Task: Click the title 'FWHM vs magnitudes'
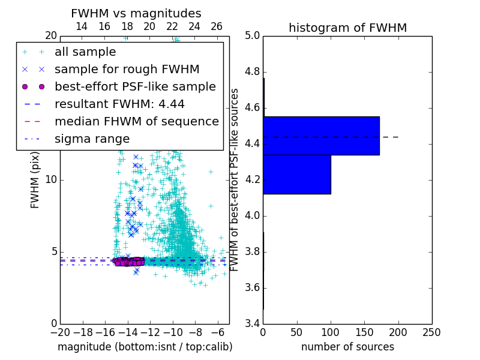pyautogui.click(x=136, y=14)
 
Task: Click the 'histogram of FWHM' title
pyautogui.click(x=347, y=28)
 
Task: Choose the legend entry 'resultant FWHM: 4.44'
pyautogui.click(x=119, y=104)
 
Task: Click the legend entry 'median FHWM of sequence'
pyautogui.click(x=136, y=121)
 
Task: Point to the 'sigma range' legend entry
pyautogui.click(x=92, y=139)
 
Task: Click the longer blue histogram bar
pyautogui.click(x=321, y=136)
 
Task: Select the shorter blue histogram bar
pyautogui.click(x=297, y=175)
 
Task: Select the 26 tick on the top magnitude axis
pyautogui.click(x=217, y=26)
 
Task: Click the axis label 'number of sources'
pyautogui.click(x=347, y=347)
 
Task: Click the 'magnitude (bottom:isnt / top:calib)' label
pyautogui.click(x=145, y=347)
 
